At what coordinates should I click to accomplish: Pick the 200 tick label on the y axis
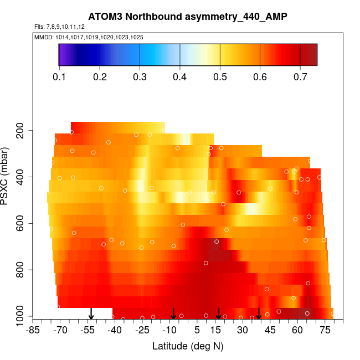[22, 131]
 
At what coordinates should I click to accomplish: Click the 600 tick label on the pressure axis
[22, 224]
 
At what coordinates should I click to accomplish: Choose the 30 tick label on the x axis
[243, 331]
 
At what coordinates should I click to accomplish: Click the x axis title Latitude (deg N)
[188, 346]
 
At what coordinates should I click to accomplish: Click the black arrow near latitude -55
[91, 314]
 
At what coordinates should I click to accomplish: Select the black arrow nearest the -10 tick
[173, 313]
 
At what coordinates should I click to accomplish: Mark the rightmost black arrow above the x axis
[259, 313]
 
